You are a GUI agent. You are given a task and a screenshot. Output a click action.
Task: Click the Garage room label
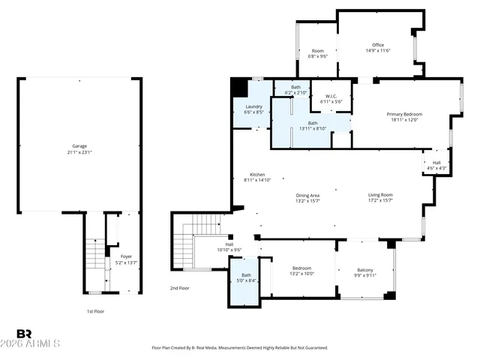coord(79,146)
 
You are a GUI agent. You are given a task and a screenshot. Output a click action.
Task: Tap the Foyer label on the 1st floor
coord(126,256)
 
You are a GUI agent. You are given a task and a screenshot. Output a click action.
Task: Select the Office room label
coord(378,45)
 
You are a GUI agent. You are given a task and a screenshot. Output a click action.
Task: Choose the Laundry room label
coord(253,106)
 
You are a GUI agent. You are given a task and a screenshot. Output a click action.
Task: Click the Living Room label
coord(380,195)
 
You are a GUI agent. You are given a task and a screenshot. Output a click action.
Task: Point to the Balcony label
coord(364,270)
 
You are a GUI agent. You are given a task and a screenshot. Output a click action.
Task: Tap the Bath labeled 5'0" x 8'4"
coord(246,277)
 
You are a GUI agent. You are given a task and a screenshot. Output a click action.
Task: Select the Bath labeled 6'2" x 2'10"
coord(296,88)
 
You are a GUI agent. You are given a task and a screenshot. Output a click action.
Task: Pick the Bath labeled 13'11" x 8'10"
coord(313,124)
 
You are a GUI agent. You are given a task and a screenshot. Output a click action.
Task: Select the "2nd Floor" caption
coord(180,288)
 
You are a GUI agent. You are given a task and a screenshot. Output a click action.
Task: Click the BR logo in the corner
coord(24,334)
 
